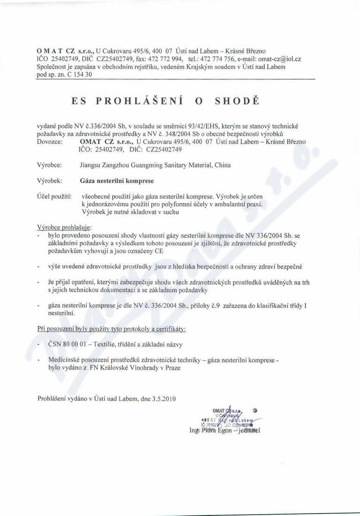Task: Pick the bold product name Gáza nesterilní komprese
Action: click(x=117, y=180)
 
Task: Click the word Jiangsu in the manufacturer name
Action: click(x=92, y=165)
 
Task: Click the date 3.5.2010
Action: click(x=164, y=399)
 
